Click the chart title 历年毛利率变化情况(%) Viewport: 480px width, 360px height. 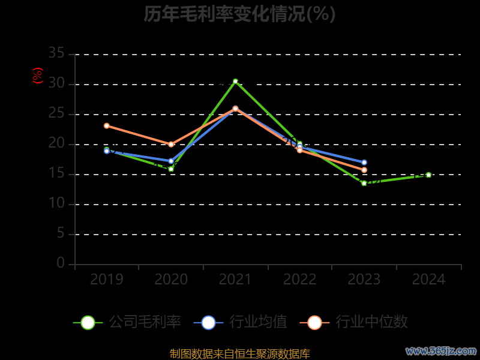pos(239,14)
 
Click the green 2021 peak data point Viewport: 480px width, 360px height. pos(235,81)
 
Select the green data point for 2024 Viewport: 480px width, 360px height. pos(428,175)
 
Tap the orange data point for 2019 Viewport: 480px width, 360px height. pos(107,125)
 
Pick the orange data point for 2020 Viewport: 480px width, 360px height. pos(171,144)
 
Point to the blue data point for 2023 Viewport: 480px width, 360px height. pos(364,162)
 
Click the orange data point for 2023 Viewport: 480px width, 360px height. pos(364,170)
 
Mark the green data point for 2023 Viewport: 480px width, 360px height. pos(364,183)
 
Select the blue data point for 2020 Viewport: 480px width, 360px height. pos(171,161)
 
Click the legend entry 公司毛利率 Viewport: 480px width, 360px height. pos(127,322)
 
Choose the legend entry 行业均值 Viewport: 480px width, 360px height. pos(241,322)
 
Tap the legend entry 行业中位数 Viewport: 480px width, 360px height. pos(358,322)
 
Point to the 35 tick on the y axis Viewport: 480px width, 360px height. pos(56,53)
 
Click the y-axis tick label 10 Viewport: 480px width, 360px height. pos(56,203)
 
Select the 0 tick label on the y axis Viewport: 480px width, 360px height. pos(61,263)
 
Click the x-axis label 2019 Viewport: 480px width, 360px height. pos(107,280)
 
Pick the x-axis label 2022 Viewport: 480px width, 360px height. pos(300,280)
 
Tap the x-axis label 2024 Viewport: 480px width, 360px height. pos(428,280)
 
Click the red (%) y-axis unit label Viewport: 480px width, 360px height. pos(38,76)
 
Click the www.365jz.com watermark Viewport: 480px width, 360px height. pos(441,350)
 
